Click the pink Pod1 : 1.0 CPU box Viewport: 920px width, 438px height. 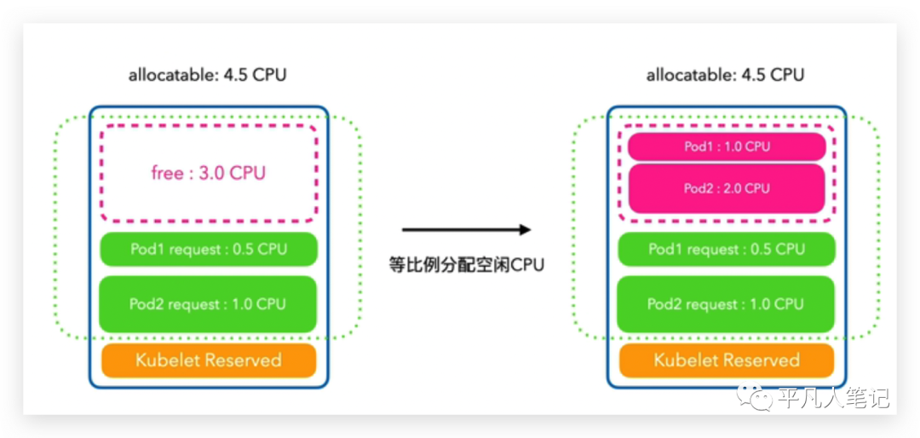tap(727, 147)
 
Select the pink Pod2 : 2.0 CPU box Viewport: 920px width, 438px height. tap(727, 187)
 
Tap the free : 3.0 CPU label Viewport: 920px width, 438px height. tap(209, 174)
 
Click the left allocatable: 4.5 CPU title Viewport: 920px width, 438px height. tap(208, 76)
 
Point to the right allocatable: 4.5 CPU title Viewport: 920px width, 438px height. tap(726, 76)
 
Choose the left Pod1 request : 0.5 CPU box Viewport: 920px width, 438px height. tap(209, 249)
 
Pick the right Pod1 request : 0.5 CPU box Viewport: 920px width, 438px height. tap(727, 249)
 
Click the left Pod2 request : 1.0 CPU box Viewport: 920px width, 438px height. tap(209, 304)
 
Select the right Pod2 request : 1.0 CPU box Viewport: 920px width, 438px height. tap(727, 304)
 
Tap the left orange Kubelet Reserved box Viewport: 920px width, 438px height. tap(209, 360)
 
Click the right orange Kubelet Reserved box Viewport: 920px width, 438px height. tap(727, 360)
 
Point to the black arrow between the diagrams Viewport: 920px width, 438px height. tap(467, 229)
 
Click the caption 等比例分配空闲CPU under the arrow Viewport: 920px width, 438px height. tap(467, 265)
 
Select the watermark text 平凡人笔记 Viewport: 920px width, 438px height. tap(834, 397)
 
